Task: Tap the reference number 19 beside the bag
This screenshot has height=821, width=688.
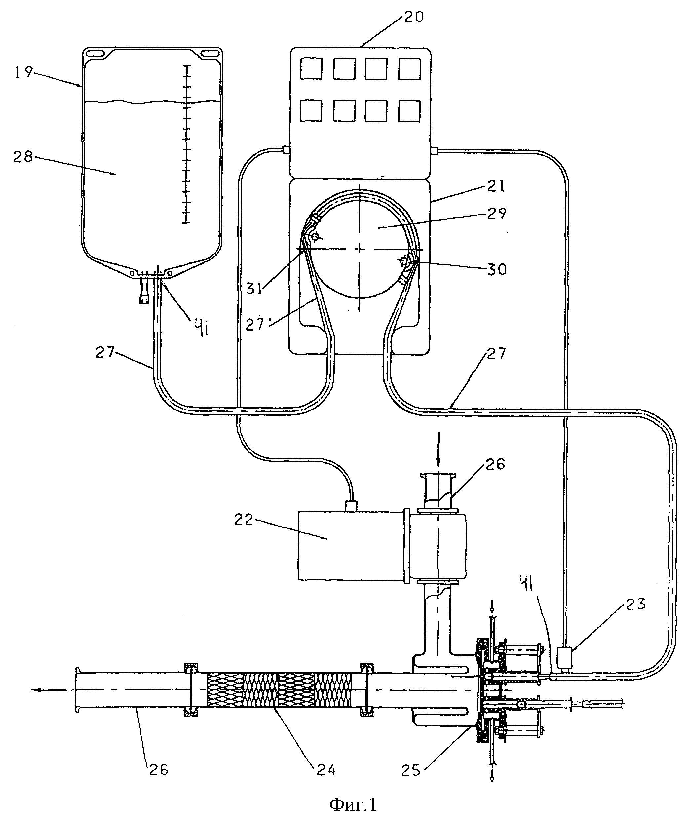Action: point(23,72)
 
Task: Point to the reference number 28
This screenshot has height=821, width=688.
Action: point(23,157)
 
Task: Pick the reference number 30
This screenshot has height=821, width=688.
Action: point(496,269)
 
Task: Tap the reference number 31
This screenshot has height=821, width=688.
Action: point(254,289)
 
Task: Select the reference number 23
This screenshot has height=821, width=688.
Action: point(635,605)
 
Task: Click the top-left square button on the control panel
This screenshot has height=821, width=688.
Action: point(311,68)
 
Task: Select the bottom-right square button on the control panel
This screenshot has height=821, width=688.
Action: point(409,111)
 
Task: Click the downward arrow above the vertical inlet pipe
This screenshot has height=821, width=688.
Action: point(438,450)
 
